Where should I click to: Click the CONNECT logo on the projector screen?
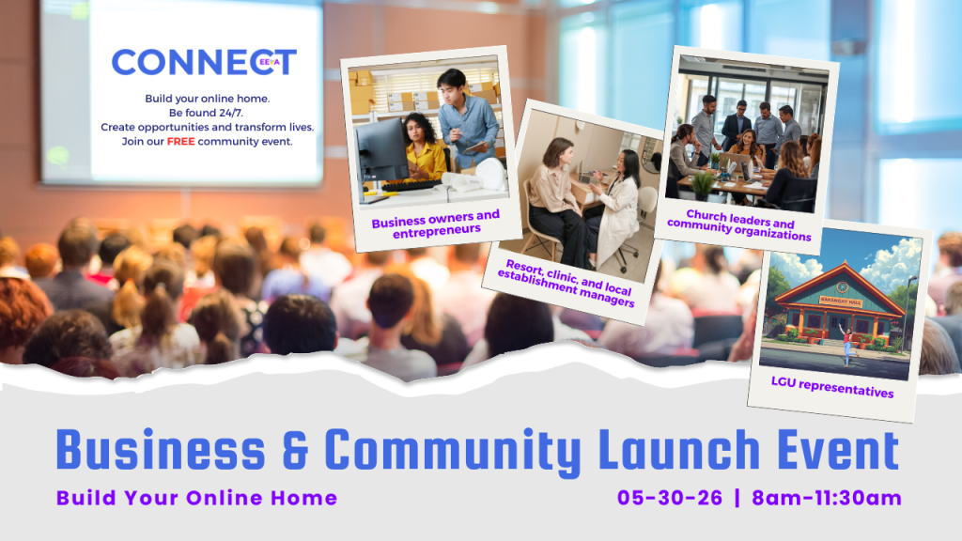[x=204, y=62]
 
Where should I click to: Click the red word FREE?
[x=180, y=142]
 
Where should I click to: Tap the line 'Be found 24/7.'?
[x=206, y=113]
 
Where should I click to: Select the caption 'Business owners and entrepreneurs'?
[x=436, y=224]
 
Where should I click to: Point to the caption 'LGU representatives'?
[x=832, y=387]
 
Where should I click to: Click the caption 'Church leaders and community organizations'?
[x=739, y=225]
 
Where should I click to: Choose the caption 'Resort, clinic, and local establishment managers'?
[x=566, y=283]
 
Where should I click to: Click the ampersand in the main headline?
[x=295, y=451]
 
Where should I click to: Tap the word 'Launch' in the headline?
[x=679, y=450]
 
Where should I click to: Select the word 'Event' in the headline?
[x=838, y=450]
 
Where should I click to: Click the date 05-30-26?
[x=669, y=498]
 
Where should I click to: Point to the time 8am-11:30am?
[x=827, y=498]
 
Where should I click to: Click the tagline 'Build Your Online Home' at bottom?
[x=197, y=498]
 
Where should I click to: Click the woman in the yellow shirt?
[x=424, y=147]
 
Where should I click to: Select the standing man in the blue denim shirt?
[x=468, y=116]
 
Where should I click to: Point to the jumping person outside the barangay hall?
[x=848, y=344]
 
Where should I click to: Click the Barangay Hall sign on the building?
[x=841, y=301]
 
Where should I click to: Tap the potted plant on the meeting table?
[x=703, y=186]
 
